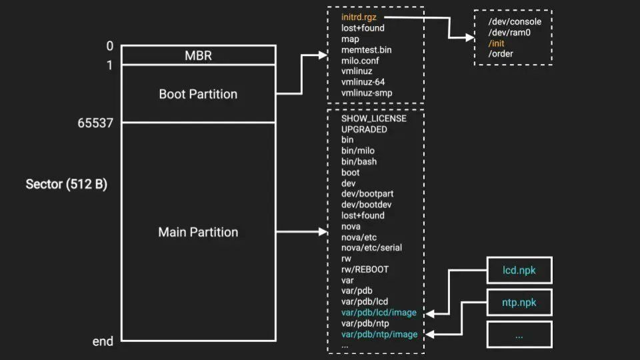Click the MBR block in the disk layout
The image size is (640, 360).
coord(198,55)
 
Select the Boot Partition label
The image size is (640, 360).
coord(198,94)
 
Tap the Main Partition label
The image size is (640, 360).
coord(198,232)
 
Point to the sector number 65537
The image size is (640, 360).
coord(95,123)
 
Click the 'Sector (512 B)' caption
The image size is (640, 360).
coord(66,184)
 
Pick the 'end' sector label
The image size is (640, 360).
coord(103,341)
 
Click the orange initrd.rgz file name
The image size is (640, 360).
coord(359,17)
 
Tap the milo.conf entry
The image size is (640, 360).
coord(360,61)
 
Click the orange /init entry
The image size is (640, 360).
coord(497,43)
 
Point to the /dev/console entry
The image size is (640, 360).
coord(515,21)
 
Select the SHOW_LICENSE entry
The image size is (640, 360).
coord(373,119)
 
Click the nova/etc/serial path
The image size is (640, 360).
coord(371,248)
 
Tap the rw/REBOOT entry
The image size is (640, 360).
coord(365,269)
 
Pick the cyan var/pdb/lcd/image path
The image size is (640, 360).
coord(379,313)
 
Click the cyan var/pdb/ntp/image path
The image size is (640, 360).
coord(379,334)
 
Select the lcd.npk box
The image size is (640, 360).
coord(519,271)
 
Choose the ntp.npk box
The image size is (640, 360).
coord(519,303)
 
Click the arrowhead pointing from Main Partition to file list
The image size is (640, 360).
coord(320,232)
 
